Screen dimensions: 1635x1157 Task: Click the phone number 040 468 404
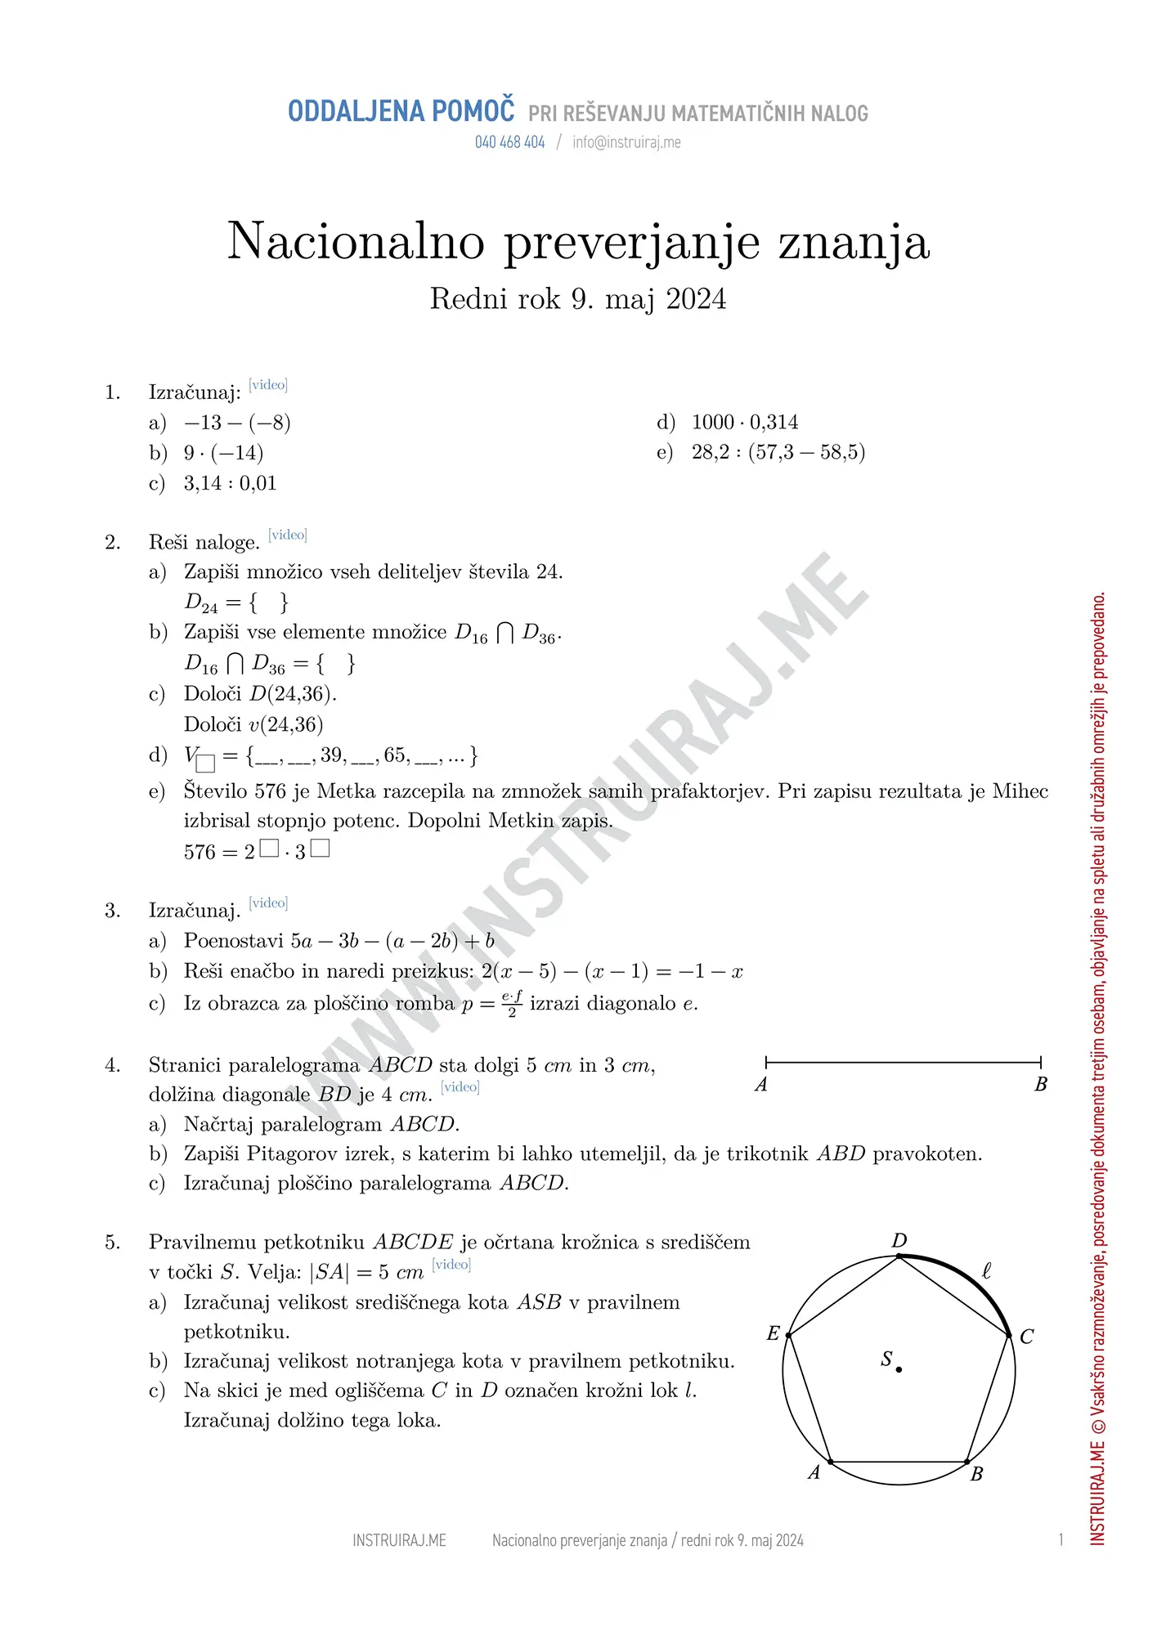pyautogui.click(x=509, y=142)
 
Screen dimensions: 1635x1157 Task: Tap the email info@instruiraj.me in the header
pyautogui.click(x=626, y=142)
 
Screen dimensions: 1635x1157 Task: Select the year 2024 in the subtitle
pyautogui.click(x=696, y=299)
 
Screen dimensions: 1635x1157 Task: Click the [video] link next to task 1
pyautogui.click(x=268, y=384)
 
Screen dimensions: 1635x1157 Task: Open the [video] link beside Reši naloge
pyautogui.click(x=288, y=535)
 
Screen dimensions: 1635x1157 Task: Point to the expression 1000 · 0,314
pyautogui.click(x=745, y=423)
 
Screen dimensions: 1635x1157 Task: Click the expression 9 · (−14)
pyautogui.click(x=223, y=453)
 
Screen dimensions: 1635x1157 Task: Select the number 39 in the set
pyautogui.click(x=331, y=755)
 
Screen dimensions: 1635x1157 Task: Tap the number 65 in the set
pyautogui.click(x=395, y=755)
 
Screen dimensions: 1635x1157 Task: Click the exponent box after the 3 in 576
pyautogui.click(x=321, y=849)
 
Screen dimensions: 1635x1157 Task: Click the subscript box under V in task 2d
pyautogui.click(x=206, y=764)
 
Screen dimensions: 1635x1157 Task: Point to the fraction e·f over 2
pyautogui.click(x=512, y=1003)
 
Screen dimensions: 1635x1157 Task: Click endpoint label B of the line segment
pyautogui.click(x=1041, y=1085)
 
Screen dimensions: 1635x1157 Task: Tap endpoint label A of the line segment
pyautogui.click(x=761, y=1085)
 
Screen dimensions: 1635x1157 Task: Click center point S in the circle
pyautogui.click(x=899, y=1368)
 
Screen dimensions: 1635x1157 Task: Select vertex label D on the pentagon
pyautogui.click(x=899, y=1241)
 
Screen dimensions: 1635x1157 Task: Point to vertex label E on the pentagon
pyautogui.click(x=773, y=1333)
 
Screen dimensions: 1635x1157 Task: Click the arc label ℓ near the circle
pyautogui.click(x=987, y=1271)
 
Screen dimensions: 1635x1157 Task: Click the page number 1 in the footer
pyautogui.click(x=1061, y=1540)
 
